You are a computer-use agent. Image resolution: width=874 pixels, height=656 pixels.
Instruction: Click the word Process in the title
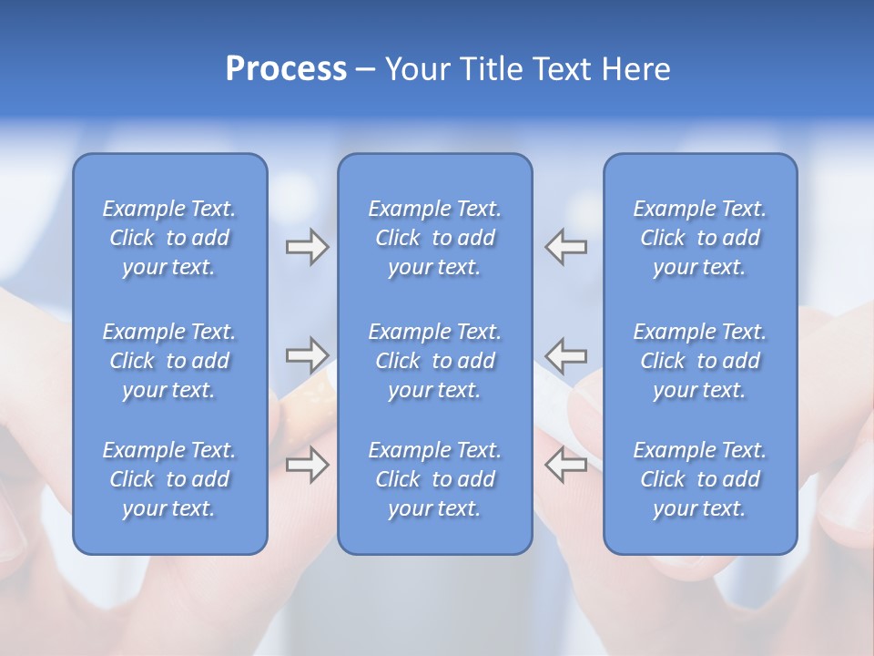286,69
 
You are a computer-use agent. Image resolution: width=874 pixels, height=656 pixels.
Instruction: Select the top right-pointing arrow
307,247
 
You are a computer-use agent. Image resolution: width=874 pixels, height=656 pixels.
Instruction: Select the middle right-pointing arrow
307,354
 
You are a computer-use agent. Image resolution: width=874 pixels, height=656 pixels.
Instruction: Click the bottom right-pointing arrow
307,464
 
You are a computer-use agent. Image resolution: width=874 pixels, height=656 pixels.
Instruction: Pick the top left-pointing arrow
566,247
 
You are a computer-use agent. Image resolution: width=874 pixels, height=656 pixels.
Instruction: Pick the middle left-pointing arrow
566,354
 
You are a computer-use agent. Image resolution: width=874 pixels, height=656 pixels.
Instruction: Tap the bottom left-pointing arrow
566,464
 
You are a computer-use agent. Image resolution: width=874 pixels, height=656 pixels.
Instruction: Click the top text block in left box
169,238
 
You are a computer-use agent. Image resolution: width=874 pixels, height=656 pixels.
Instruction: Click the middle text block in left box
169,361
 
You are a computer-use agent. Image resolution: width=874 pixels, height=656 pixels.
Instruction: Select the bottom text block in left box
169,479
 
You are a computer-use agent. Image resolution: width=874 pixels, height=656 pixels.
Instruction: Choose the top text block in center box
434,238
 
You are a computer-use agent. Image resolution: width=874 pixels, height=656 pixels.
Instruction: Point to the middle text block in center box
434,361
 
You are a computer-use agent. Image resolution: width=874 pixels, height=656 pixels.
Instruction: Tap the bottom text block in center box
434,479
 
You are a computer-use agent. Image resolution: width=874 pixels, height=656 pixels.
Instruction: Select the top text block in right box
699,238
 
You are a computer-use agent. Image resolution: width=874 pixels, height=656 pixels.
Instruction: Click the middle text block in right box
699,361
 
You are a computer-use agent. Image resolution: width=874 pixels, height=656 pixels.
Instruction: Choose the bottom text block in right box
699,479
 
